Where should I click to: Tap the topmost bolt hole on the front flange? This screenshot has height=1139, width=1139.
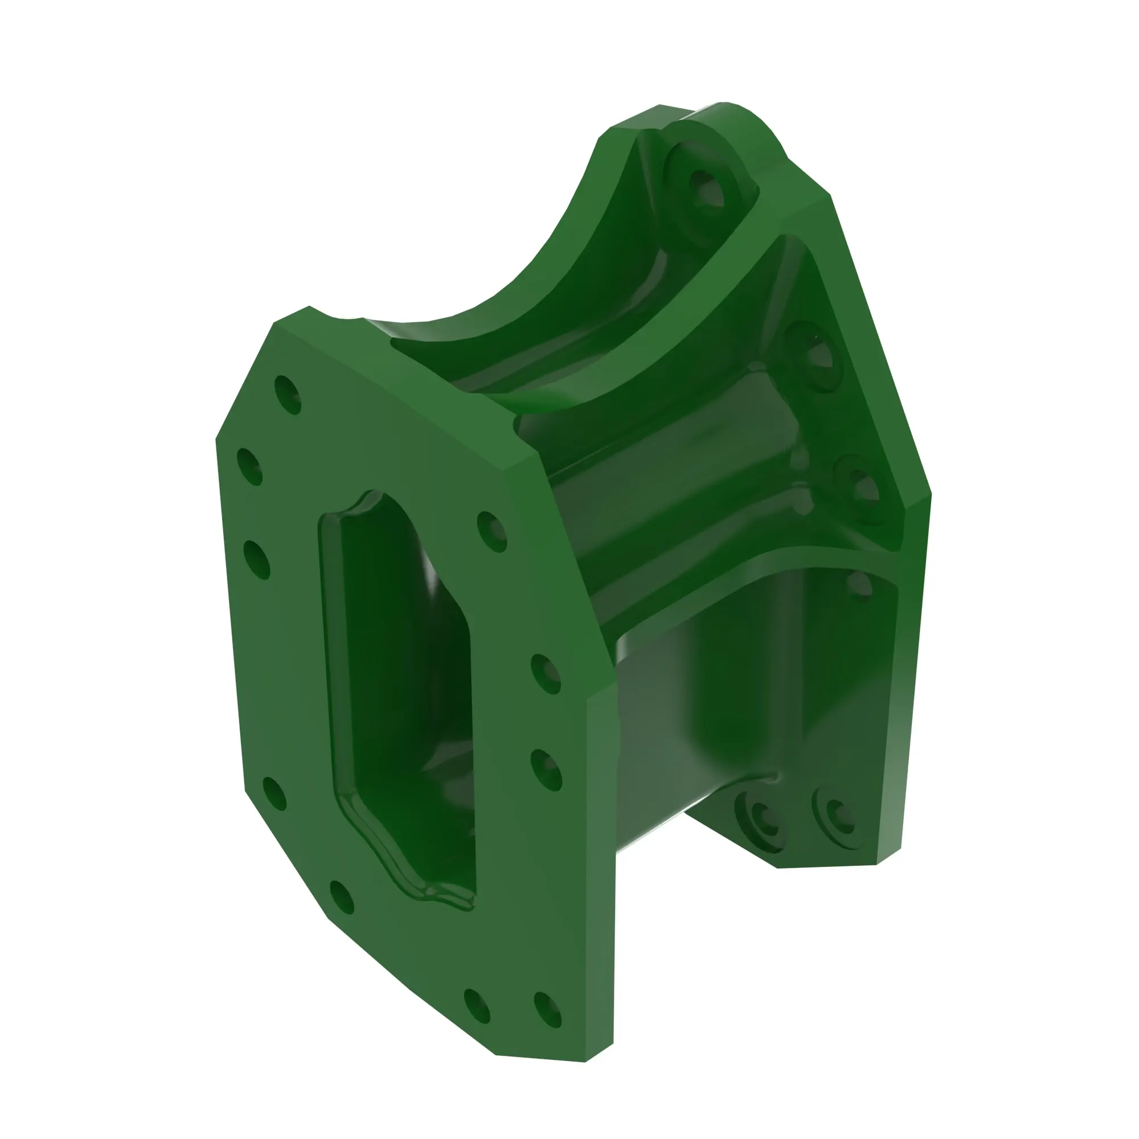[x=288, y=395]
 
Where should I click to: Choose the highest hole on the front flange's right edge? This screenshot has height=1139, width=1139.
[x=491, y=532]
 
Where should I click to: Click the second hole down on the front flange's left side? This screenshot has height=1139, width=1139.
[x=249, y=467]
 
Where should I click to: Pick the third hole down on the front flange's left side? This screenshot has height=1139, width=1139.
[x=256, y=559]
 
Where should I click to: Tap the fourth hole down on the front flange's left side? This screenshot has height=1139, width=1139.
[x=274, y=793]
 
